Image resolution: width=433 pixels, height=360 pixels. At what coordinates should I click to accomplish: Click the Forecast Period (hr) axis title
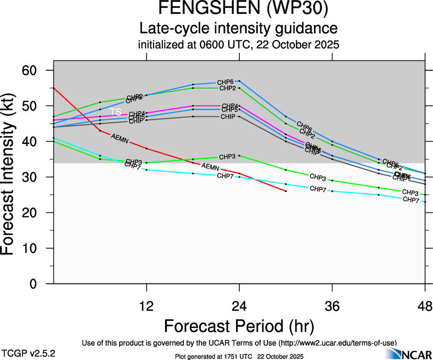pyautogui.click(x=239, y=326)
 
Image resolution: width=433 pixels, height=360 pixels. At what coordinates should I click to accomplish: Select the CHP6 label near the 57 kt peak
pyautogui.click(x=225, y=82)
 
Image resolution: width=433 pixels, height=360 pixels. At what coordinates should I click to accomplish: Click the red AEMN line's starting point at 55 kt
pyautogui.click(x=54, y=88)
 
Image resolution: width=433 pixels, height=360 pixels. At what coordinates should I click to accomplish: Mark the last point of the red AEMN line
pyautogui.click(x=286, y=191)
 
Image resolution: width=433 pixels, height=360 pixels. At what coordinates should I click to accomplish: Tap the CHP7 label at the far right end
pyautogui.click(x=411, y=199)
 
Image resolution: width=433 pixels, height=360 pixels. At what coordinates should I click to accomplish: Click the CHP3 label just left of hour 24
pyautogui.click(x=227, y=156)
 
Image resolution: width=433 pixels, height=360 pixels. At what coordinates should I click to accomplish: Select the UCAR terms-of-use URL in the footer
pyautogui.click(x=337, y=343)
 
